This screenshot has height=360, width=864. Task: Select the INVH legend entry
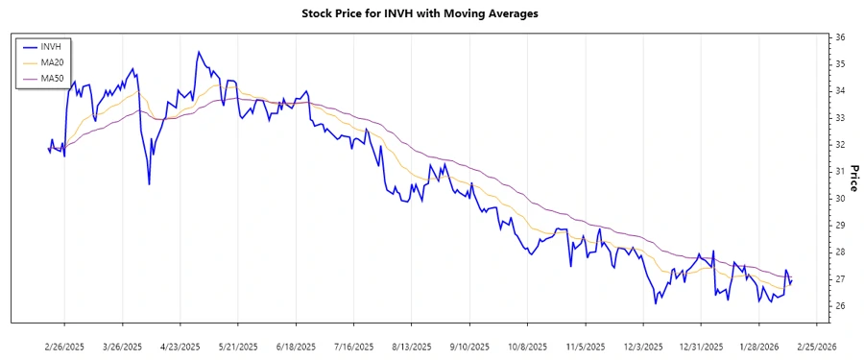point(52,46)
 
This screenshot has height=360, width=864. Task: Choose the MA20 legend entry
point(52,62)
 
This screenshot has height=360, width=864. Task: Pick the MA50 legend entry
point(52,79)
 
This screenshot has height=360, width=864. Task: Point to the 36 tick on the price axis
point(839,37)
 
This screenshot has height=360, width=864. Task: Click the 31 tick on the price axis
point(839,172)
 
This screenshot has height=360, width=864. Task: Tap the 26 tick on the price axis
point(839,306)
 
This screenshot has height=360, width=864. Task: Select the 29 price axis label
point(839,226)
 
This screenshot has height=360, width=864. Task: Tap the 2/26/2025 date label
point(65,346)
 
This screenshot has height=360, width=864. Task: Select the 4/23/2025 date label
point(180,346)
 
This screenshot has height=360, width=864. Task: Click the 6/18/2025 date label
point(296,346)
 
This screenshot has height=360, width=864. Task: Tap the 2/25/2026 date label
point(815,346)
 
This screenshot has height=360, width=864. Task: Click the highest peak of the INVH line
point(198,52)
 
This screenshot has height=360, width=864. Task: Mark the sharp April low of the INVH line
point(149,184)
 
